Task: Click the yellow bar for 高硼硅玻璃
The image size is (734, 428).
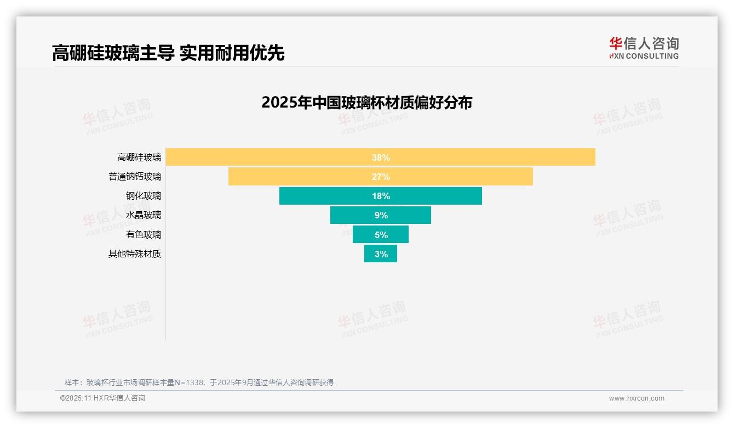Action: (274, 157)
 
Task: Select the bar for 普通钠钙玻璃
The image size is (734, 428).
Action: (307, 177)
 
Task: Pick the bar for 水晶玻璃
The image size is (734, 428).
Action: (351, 215)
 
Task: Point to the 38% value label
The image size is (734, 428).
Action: (381, 157)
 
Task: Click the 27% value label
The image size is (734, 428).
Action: (381, 177)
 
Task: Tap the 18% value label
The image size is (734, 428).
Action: (381, 196)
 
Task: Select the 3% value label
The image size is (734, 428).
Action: (381, 254)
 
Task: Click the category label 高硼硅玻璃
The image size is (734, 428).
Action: (139, 157)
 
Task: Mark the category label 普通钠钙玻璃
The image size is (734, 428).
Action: (135, 177)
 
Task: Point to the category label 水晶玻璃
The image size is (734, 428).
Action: (144, 215)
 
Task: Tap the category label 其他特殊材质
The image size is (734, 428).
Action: (135, 254)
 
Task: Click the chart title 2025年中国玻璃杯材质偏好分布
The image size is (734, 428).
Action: (366, 103)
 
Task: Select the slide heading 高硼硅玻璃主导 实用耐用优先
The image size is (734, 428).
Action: (168, 53)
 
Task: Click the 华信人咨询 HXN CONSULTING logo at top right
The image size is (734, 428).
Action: (644, 48)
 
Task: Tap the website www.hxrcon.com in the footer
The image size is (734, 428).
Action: (636, 398)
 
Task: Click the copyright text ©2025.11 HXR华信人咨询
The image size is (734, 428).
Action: (102, 398)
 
